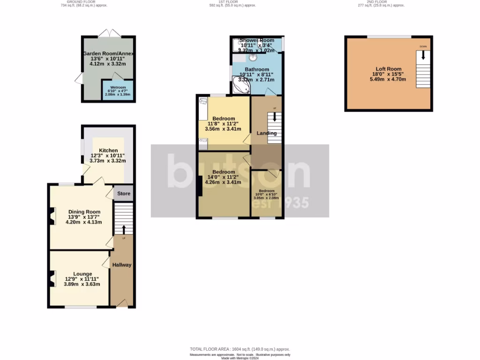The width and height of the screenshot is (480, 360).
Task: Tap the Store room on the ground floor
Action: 124,193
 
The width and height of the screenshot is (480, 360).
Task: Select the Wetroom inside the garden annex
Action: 118,88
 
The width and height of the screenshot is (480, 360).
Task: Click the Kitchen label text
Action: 108,150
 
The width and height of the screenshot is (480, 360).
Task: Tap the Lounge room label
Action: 82,274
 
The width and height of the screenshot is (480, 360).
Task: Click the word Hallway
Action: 121,265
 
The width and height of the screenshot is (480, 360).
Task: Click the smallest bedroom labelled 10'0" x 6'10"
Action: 266,194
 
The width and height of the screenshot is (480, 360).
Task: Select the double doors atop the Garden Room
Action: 110,33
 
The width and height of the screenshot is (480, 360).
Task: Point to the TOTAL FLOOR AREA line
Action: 240,349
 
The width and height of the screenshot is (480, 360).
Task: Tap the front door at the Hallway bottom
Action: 121,304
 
